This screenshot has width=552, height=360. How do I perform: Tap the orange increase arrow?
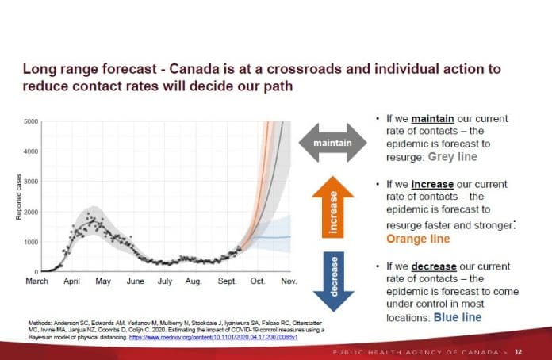pos(333,205)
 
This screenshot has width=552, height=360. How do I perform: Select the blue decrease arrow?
pos(333,278)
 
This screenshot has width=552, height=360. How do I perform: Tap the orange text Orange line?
pos(418,239)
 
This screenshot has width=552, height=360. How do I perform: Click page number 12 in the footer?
pos(518,351)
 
